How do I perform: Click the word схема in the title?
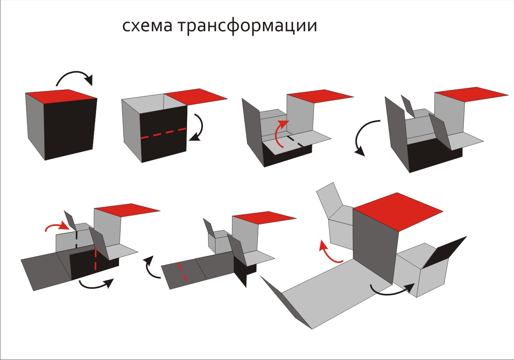(x=147, y=26)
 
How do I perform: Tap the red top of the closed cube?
(x=61, y=96)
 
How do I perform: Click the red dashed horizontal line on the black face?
(x=163, y=133)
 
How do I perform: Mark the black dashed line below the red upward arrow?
(x=295, y=141)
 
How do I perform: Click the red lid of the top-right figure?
(x=472, y=95)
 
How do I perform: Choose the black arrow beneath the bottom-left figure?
(x=96, y=286)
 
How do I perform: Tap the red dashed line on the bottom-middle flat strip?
(x=182, y=272)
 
